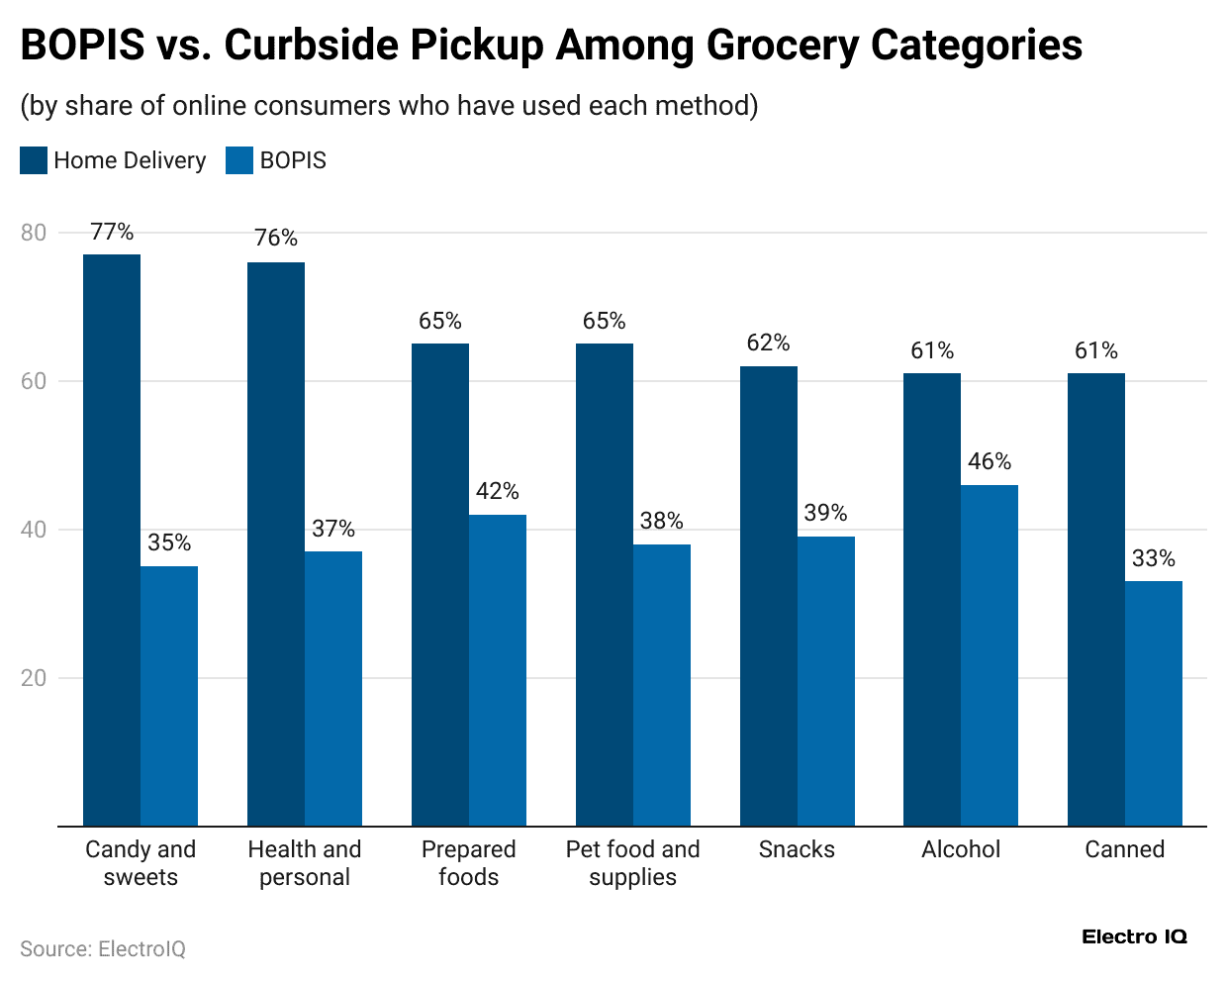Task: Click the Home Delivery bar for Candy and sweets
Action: point(112,540)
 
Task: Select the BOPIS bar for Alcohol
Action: point(990,655)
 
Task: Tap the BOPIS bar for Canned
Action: point(1154,703)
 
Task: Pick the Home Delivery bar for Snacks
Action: point(769,596)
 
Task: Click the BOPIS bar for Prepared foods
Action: point(498,670)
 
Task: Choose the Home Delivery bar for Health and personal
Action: point(276,543)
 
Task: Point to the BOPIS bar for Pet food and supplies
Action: point(662,685)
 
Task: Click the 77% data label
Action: point(112,232)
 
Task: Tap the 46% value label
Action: point(990,462)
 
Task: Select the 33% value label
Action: point(1154,558)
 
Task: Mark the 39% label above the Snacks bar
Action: point(825,513)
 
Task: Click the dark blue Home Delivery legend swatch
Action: point(34,160)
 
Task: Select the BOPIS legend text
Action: point(293,160)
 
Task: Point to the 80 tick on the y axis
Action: point(34,233)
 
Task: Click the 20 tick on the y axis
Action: point(34,678)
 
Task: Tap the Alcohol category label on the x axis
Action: point(961,849)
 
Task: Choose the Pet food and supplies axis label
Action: point(632,863)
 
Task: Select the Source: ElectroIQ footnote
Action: point(103,949)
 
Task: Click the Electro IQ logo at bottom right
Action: point(1134,936)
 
